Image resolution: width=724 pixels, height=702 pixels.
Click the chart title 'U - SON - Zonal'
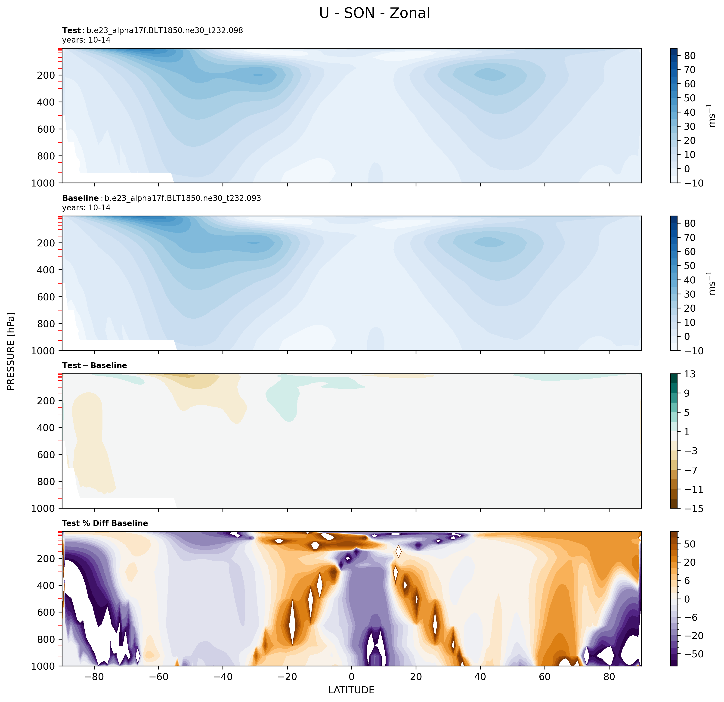point(374,13)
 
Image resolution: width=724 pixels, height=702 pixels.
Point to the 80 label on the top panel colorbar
point(690,56)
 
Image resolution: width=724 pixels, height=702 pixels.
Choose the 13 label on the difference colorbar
point(689,374)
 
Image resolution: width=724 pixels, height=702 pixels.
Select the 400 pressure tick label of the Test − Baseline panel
point(46,428)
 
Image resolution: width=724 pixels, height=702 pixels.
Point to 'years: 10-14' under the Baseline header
point(86,208)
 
